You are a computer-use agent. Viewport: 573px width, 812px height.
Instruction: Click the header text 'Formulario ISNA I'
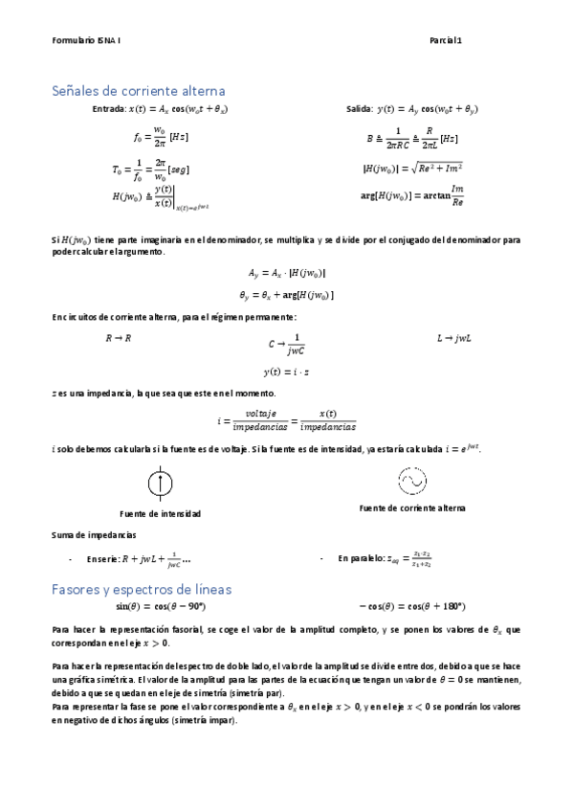pos(86,40)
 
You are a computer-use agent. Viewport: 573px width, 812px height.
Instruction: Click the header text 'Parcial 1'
pos(446,40)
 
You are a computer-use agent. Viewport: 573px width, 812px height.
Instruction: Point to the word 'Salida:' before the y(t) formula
pos(361,110)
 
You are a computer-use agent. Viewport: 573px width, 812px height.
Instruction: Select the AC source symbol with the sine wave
pos(411,479)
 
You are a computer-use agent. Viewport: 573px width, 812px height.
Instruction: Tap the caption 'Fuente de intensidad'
pos(161,513)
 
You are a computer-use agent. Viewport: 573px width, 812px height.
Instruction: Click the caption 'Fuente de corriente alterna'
pos(411,507)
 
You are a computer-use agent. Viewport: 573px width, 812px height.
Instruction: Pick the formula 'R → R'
pos(119,338)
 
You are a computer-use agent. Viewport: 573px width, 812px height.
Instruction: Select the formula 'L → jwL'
pos(454,338)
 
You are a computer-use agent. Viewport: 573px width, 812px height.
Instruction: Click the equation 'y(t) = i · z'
pos(286,372)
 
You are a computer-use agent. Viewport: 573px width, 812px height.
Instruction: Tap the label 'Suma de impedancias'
pos(94,534)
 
